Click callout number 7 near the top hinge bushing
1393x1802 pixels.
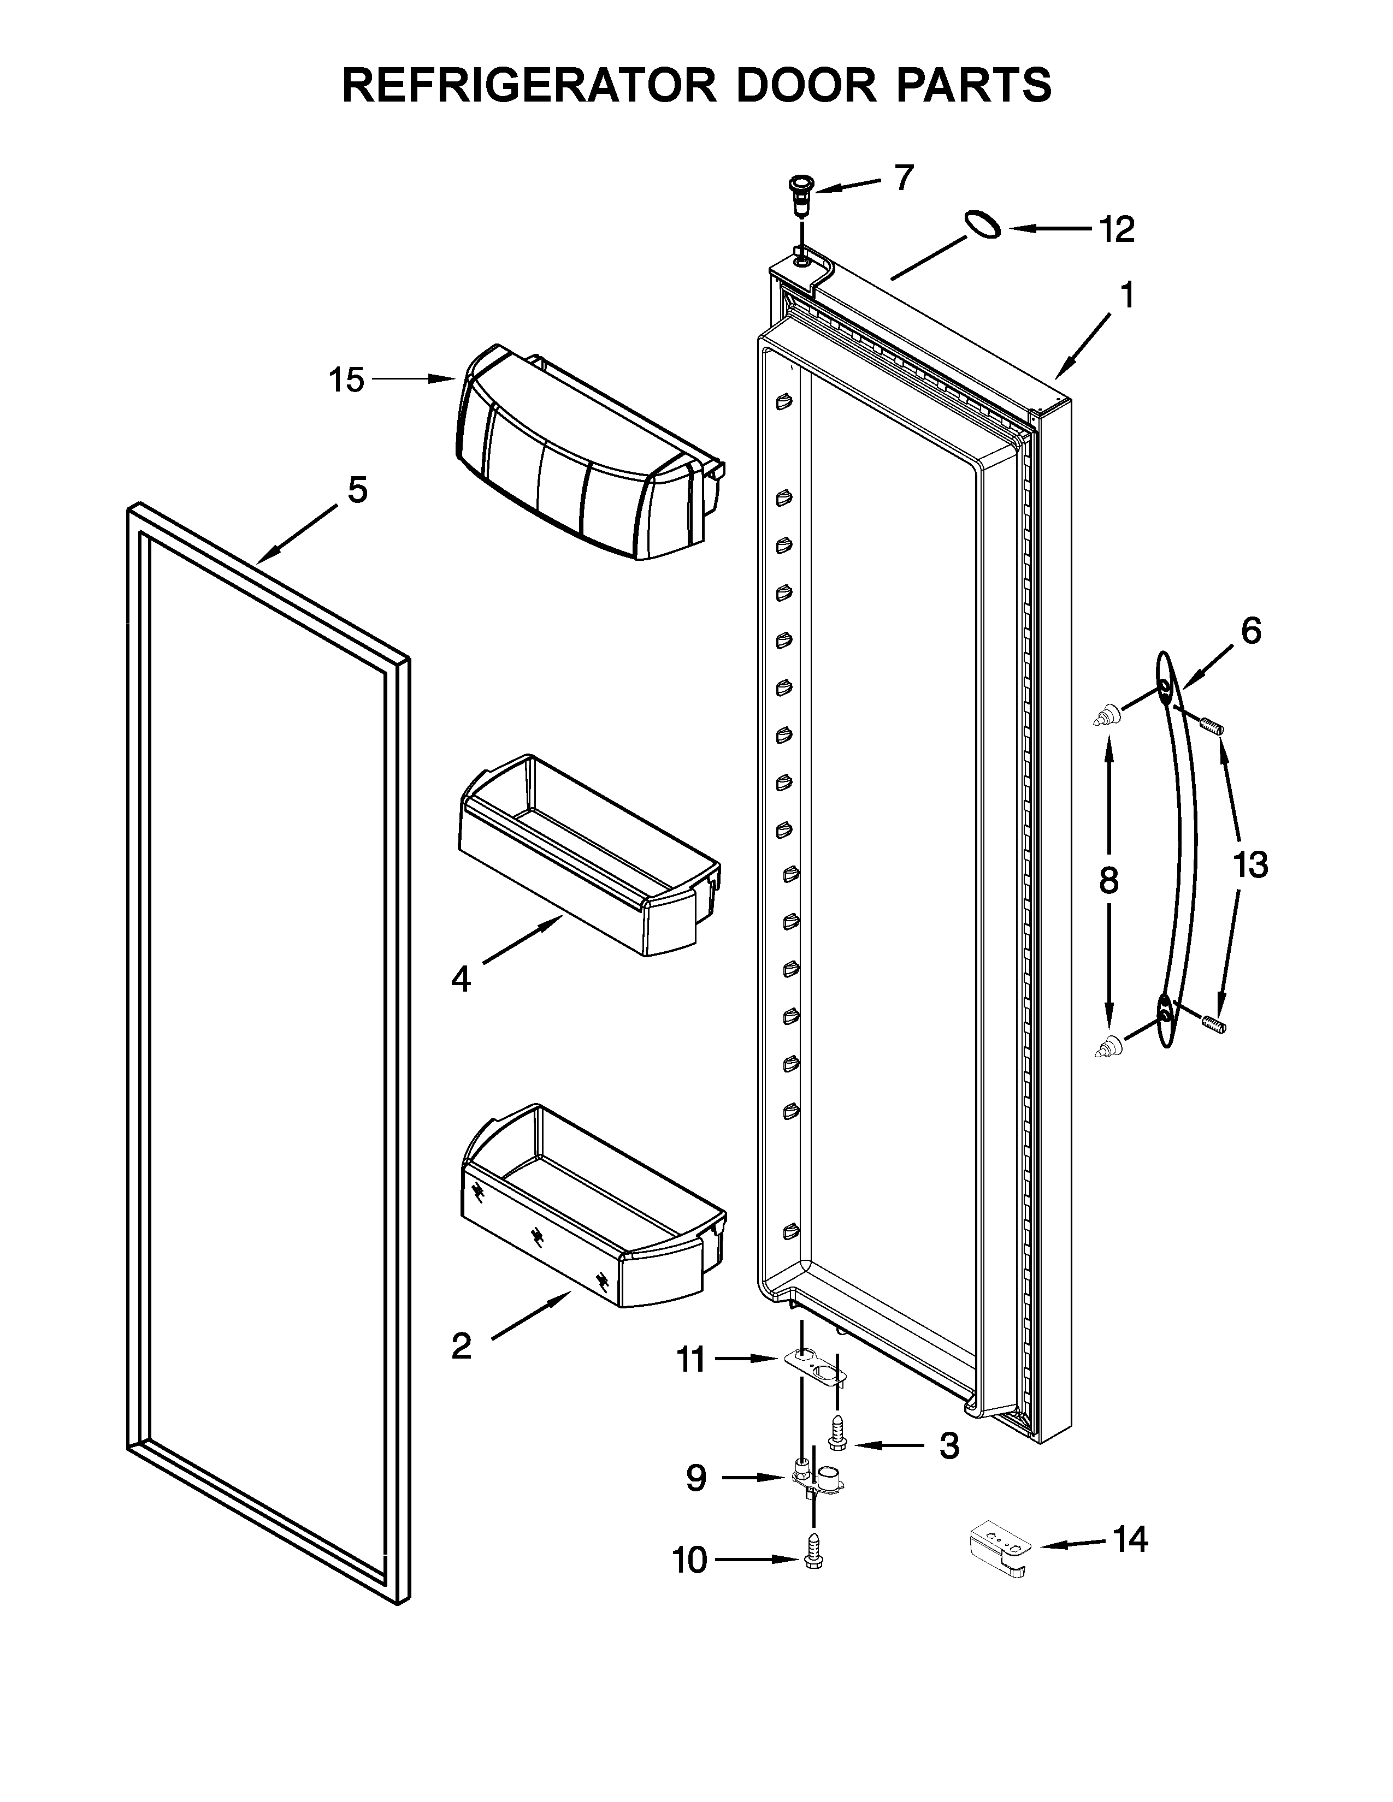point(905,177)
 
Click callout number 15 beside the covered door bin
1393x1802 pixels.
point(346,381)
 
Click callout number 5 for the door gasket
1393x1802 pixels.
point(357,490)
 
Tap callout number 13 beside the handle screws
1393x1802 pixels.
point(1250,865)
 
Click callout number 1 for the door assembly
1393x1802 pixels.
point(1126,295)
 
